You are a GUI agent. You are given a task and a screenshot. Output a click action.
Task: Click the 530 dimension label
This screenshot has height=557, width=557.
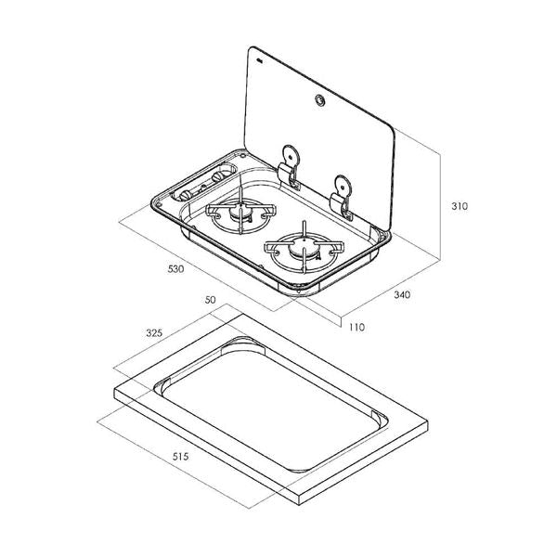tap(175, 269)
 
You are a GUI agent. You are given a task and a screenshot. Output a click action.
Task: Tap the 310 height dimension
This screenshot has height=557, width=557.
tap(460, 206)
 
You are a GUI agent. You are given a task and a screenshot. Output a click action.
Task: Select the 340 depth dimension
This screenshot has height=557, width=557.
tap(402, 294)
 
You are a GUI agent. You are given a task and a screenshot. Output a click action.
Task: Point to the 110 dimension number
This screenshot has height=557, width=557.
tap(356, 327)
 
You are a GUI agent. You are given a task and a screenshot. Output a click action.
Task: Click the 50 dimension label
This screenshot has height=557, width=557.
tap(211, 300)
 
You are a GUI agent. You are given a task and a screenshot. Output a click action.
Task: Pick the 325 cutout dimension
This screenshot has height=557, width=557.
tap(154, 333)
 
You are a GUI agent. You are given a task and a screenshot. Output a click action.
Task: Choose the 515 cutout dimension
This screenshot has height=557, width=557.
tap(180, 457)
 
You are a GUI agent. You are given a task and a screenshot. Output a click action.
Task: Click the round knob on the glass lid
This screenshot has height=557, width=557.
tap(320, 100)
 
